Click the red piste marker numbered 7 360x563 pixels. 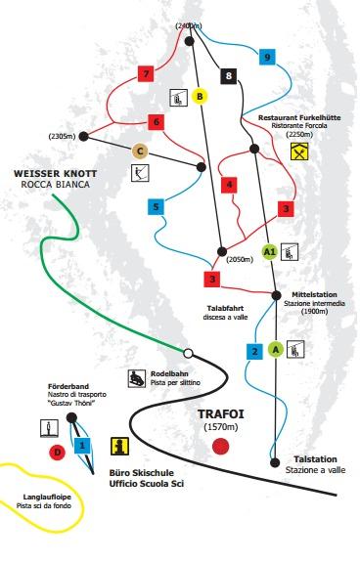[x=146, y=73]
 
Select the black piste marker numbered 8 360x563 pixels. [x=229, y=75]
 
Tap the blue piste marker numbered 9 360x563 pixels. [x=266, y=58]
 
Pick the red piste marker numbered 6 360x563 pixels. [x=155, y=122]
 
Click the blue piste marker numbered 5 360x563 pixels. [x=155, y=206]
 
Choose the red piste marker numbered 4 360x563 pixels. [x=230, y=184]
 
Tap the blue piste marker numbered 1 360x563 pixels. [x=83, y=445]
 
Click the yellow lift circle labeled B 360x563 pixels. [x=200, y=96]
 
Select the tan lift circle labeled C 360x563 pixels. [x=140, y=151]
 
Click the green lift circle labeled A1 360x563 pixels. [x=272, y=251]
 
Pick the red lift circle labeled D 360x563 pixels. [x=57, y=452]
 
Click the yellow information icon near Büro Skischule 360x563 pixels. [x=120, y=447]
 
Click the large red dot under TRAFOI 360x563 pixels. [x=221, y=446]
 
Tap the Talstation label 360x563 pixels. [x=315, y=458]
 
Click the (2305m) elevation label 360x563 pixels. [x=61, y=136]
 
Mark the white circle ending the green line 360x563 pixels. [x=189, y=352]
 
